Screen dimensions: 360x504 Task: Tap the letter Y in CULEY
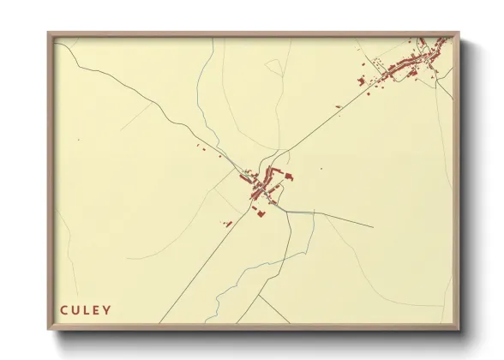tap(106, 309)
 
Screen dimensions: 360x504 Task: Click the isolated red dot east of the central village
tap(321, 168)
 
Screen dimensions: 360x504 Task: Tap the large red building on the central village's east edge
tap(289, 177)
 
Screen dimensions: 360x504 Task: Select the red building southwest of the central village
tap(229, 224)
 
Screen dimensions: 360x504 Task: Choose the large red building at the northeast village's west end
tap(361, 83)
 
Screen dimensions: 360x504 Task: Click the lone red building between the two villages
tap(339, 107)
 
